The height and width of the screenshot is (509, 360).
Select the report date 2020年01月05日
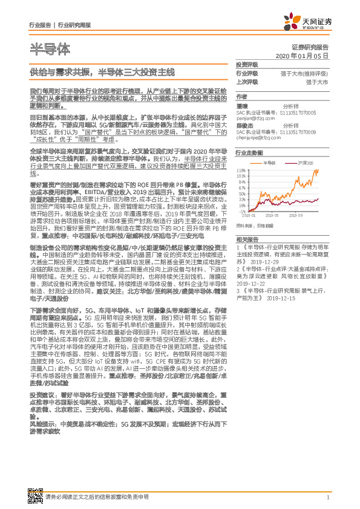[302, 56]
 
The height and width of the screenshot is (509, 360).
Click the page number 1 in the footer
[327, 497]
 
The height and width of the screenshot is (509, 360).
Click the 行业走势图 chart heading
[249, 154]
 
